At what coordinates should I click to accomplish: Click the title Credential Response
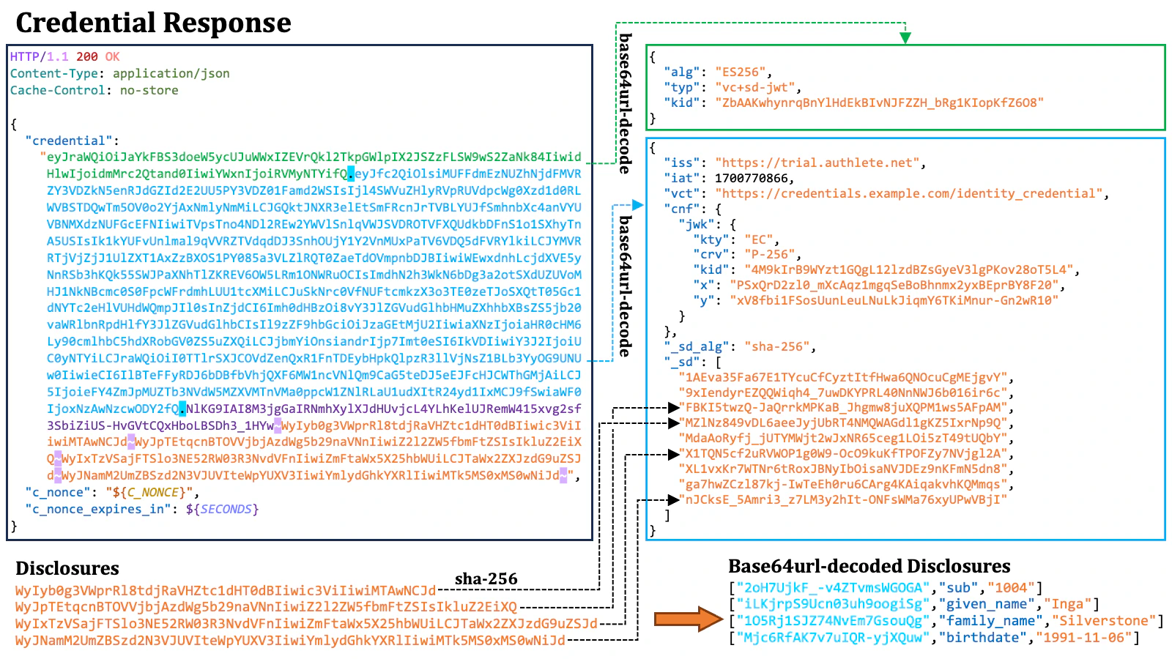pos(153,23)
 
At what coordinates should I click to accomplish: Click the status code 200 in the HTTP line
pos(86,56)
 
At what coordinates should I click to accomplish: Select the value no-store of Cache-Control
pos(149,90)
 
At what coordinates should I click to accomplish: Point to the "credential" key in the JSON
pos(69,141)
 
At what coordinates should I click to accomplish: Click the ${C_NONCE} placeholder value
pos(152,493)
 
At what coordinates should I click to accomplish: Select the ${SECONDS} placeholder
pos(222,509)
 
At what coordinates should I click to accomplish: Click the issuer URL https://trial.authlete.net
pos(820,163)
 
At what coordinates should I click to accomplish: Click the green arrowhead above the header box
pos(905,37)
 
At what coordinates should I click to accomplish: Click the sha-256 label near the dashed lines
pos(486,579)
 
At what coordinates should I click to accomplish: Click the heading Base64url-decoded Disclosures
pos(869,566)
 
